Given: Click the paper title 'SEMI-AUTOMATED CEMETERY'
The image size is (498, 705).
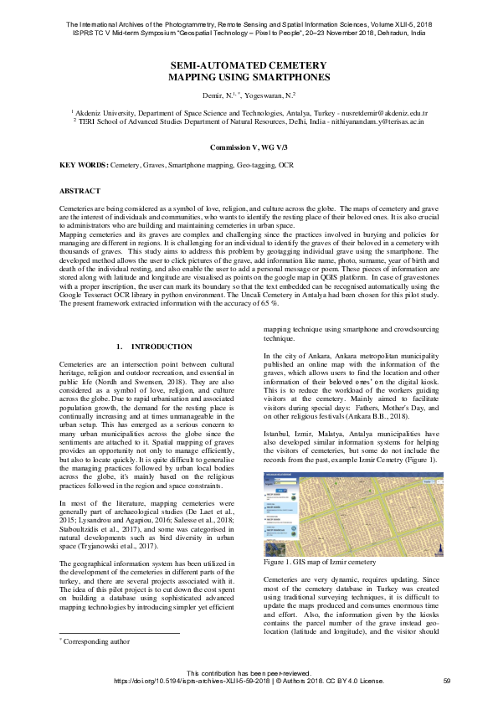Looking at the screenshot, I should tap(249, 64).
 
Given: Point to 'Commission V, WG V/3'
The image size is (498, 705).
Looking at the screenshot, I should tap(249, 146).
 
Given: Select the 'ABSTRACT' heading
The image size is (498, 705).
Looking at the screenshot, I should tap(81, 191).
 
